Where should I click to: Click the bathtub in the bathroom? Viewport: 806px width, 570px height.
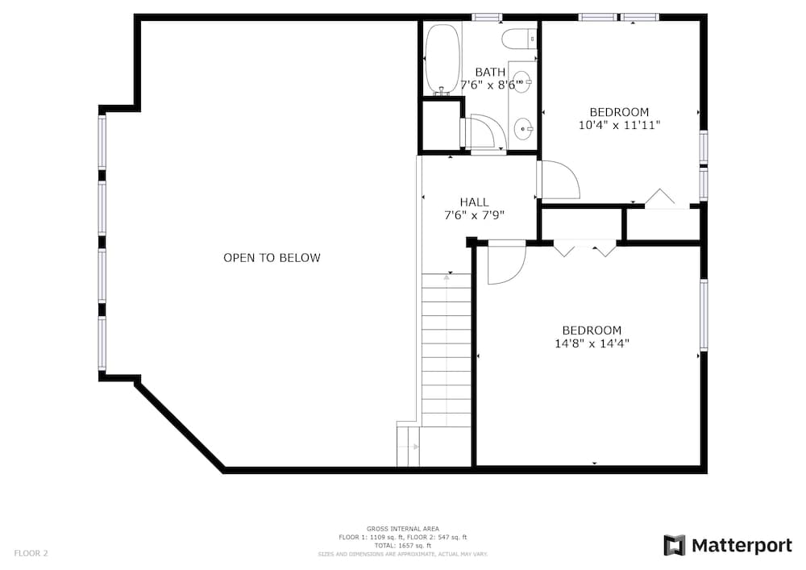click(442, 59)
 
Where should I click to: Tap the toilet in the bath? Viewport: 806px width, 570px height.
click(518, 38)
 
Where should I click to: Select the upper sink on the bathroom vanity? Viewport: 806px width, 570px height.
click(521, 82)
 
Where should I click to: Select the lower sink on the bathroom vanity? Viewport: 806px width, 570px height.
click(523, 127)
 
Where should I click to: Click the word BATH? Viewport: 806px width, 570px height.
click(490, 72)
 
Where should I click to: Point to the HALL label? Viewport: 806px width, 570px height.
click(474, 202)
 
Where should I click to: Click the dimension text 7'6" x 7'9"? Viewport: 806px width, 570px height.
click(474, 215)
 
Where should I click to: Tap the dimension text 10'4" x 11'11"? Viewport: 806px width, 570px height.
click(619, 125)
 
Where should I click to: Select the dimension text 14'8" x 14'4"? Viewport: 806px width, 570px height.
click(592, 343)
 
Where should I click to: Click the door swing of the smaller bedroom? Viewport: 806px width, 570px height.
click(559, 181)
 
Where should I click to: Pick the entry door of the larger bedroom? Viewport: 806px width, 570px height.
click(506, 261)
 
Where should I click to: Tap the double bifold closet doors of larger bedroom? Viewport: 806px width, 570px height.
click(585, 248)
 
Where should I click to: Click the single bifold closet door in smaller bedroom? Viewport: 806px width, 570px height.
click(661, 198)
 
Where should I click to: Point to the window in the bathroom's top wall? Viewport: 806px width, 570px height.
click(487, 17)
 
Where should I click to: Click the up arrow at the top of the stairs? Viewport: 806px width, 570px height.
click(447, 278)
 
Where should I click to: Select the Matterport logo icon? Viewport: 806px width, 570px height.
click(674, 546)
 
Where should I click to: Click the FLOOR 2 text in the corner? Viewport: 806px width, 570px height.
click(31, 553)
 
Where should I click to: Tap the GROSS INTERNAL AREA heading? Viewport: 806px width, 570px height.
click(403, 529)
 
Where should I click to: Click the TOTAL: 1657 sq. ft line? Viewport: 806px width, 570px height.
click(403, 545)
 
